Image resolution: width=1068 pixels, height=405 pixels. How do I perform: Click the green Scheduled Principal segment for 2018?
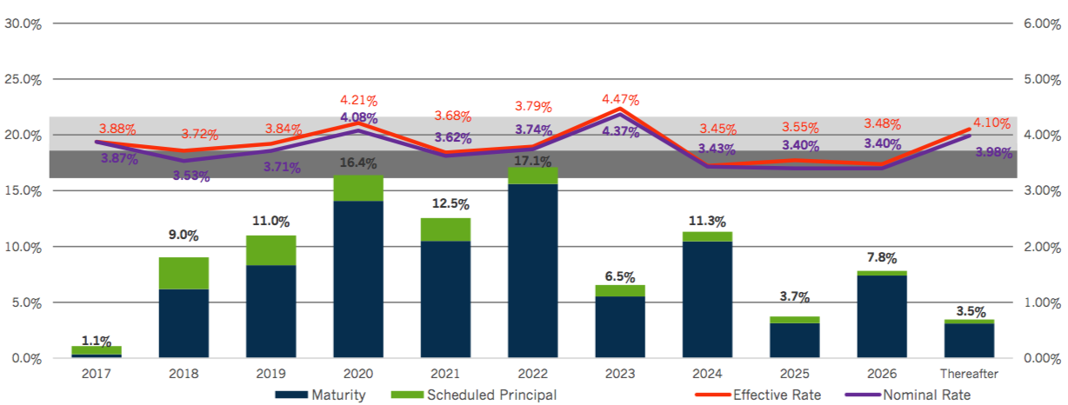point(184,273)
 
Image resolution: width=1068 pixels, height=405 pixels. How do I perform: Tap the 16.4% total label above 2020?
point(357,163)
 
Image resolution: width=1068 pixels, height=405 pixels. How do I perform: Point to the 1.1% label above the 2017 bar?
point(97,340)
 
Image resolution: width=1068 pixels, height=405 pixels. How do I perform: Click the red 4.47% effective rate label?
point(620,99)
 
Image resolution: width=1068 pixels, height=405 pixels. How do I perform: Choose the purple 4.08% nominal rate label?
point(357,118)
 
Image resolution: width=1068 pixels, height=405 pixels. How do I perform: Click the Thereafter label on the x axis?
point(969,374)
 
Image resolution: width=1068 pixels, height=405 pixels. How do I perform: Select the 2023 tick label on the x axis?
point(619,374)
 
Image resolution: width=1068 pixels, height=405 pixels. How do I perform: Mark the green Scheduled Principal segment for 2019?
point(270,250)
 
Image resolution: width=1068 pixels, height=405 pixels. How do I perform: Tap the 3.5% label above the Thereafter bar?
point(969,310)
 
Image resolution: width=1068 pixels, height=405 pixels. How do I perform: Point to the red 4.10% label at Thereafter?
point(991,123)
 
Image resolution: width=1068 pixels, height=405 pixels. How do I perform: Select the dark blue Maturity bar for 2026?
point(881,316)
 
